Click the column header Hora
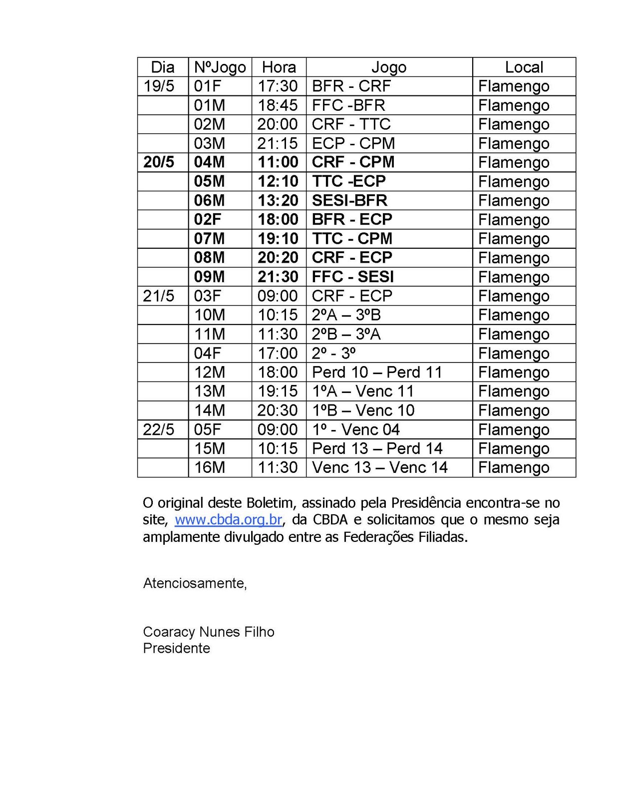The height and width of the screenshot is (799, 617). click(x=279, y=67)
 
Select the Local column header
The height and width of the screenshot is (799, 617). click(x=524, y=67)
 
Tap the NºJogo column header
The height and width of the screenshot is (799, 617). click(x=220, y=67)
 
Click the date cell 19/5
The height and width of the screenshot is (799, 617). click(x=159, y=86)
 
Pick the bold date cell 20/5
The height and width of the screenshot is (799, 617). click(x=159, y=162)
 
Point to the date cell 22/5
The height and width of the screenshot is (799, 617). click(x=159, y=429)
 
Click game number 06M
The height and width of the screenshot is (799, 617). click(x=209, y=200)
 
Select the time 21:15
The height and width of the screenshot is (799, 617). click(x=278, y=143)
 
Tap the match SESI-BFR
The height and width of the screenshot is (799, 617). click(x=349, y=200)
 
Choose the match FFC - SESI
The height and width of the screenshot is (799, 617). click(x=353, y=277)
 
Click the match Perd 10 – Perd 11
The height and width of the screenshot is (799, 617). click(x=377, y=372)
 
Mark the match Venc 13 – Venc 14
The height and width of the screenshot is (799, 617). click(x=379, y=467)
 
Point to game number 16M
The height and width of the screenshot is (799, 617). click(x=209, y=467)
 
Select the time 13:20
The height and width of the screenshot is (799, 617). click(x=278, y=200)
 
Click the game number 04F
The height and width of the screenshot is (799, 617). click(x=207, y=353)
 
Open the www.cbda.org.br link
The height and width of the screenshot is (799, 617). click(x=228, y=520)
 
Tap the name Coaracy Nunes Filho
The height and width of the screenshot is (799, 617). click(x=209, y=632)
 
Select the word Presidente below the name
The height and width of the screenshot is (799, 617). click(x=176, y=648)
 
